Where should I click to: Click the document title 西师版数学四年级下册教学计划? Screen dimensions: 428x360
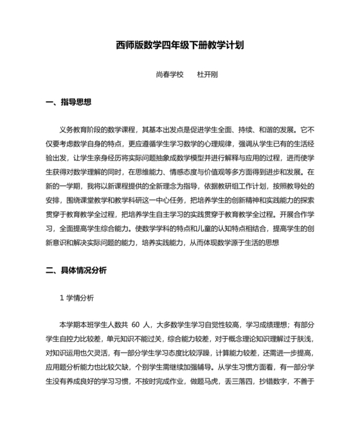(x=179, y=46)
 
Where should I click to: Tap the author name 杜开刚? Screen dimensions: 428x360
(x=207, y=75)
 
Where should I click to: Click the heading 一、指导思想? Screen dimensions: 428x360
(x=69, y=102)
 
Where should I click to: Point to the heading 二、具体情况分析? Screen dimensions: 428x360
(x=76, y=270)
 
